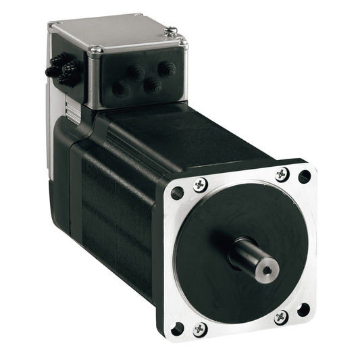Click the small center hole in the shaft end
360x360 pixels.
pos(268,270)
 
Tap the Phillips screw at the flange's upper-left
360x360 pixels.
pos(200,184)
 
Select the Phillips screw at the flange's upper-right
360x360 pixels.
pos(282,174)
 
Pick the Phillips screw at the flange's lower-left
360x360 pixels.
pos(199,329)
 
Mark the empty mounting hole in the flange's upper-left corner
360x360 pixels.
pos(178,193)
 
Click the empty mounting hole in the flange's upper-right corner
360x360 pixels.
pos(305,177)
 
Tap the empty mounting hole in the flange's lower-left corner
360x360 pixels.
pos(178,328)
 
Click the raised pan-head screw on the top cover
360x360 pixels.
pos(172,30)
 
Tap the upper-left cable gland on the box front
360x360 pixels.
pos(134,72)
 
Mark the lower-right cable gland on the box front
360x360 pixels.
pos(153,85)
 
